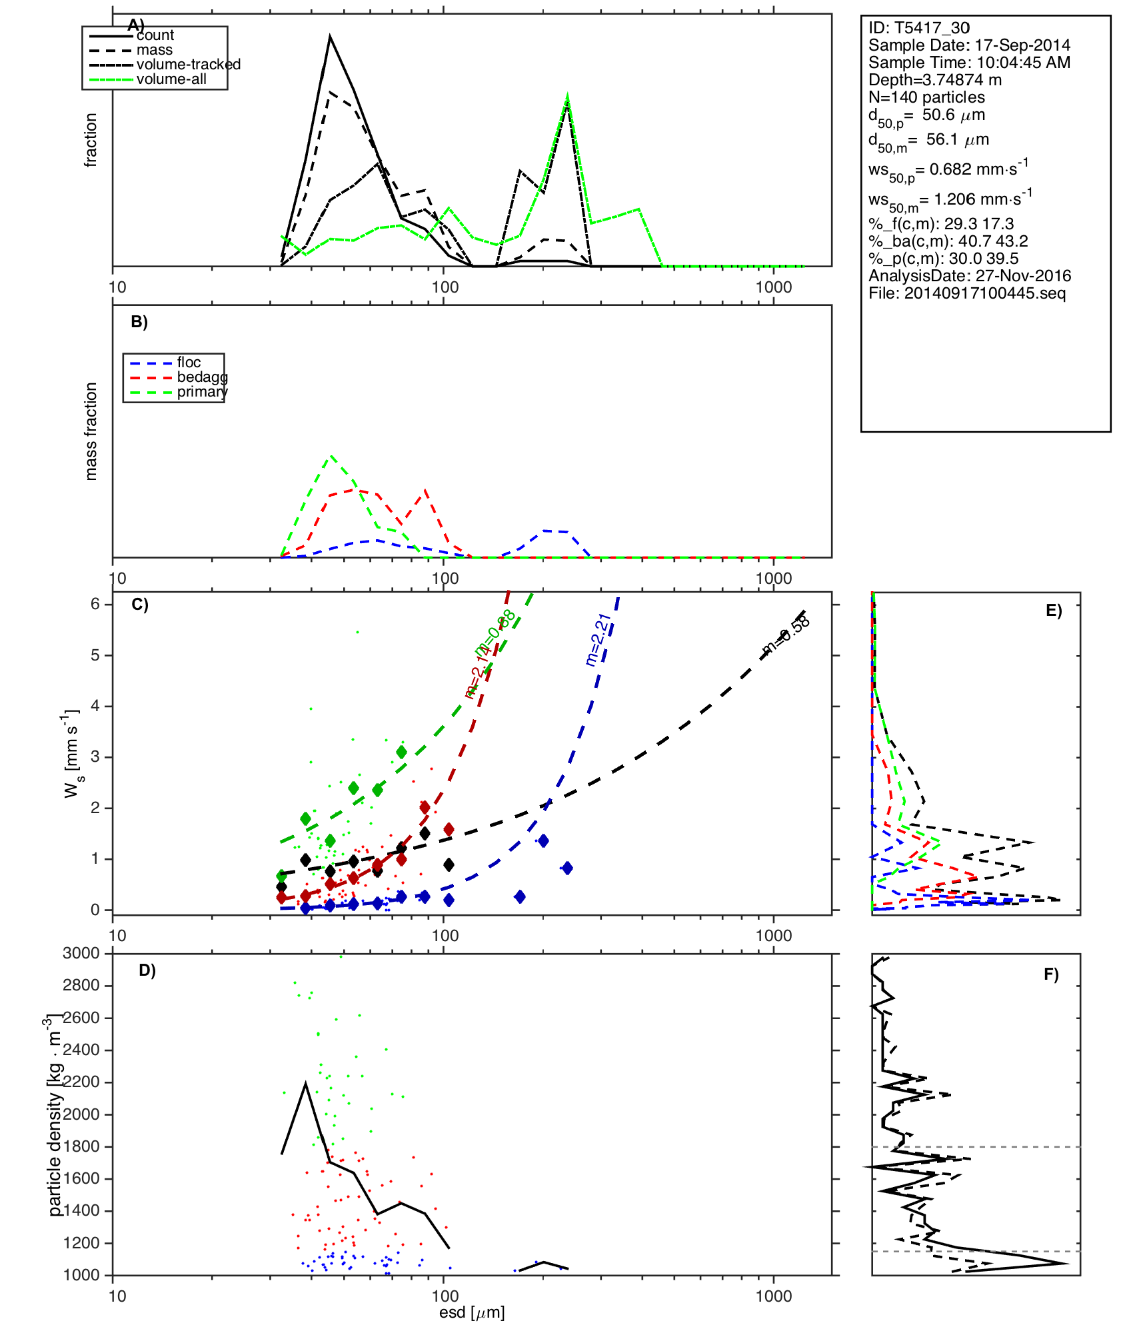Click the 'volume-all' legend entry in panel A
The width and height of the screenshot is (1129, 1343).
171,79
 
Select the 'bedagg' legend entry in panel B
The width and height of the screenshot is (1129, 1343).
202,377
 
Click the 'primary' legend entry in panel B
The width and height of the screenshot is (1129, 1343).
202,392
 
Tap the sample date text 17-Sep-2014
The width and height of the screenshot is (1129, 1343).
1022,45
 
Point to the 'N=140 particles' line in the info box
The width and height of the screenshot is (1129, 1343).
926,97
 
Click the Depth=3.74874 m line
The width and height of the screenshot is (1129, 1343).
934,80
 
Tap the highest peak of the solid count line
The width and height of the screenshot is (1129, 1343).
330,37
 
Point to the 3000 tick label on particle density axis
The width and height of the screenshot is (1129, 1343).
81,953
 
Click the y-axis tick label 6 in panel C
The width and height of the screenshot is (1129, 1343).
95,604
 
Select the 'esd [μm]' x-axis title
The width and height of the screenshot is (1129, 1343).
472,1313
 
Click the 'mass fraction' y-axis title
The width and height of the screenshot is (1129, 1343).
91,431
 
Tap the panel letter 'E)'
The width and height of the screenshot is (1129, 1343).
1054,611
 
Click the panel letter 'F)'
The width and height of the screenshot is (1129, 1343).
1051,974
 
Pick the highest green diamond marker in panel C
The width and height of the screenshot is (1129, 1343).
401,752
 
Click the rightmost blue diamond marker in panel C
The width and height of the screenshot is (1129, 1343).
567,868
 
